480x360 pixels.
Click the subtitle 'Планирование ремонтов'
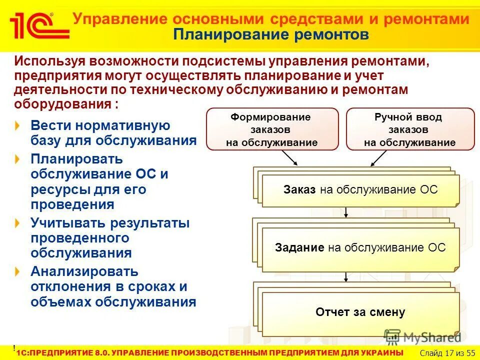click(271, 35)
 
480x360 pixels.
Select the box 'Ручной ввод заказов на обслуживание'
click(410, 129)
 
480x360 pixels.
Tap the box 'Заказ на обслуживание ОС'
click(360, 190)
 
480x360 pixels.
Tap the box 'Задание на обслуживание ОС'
click(360, 248)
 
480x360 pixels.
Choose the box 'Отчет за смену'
click(360, 313)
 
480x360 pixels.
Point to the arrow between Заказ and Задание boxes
click(346, 213)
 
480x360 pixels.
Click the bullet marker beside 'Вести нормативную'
click(18, 125)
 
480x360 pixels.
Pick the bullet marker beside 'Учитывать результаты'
click(18, 223)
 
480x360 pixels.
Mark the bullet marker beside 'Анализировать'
click(18, 271)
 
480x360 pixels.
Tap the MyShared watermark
click(422, 337)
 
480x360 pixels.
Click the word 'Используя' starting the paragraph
click(49, 61)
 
